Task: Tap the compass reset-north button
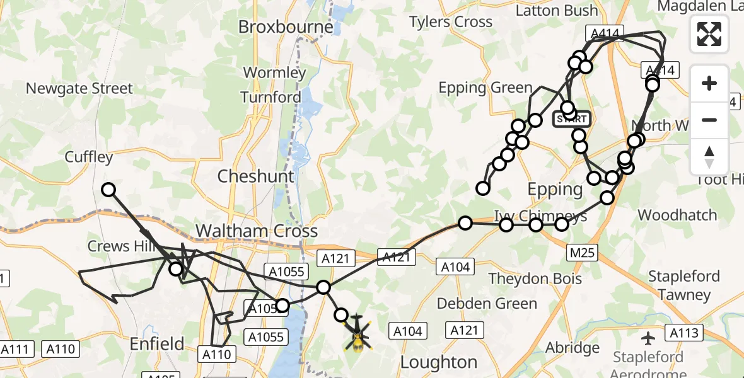(709, 156)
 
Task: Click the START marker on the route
(571, 118)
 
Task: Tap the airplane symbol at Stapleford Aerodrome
(648, 338)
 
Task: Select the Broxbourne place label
(285, 27)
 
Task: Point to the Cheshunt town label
(255, 176)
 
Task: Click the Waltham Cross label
(256, 231)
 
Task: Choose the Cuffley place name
(89, 157)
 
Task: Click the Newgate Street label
(79, 88)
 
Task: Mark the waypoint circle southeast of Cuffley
(109, 189)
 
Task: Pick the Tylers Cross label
(450, 22)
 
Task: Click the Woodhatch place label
(677, 215)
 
